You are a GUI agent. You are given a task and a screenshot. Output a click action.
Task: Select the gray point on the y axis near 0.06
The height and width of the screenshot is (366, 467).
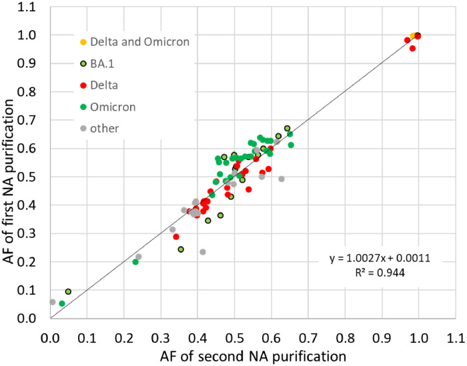point(52,302)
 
